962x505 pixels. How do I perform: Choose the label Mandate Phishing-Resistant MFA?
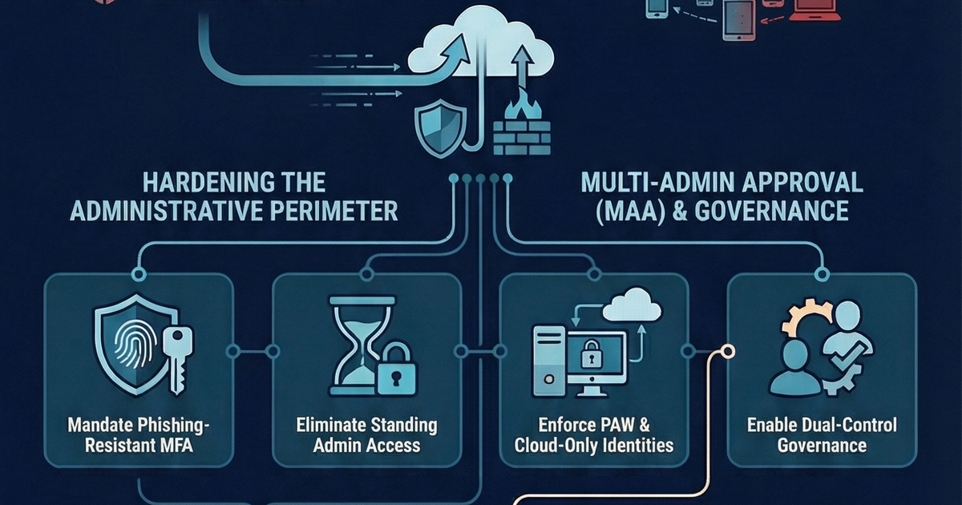pos(138,434)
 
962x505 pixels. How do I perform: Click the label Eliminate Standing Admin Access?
pos(366,434)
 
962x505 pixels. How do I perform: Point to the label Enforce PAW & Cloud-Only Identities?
pos(594,434)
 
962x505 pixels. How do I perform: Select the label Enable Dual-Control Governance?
pos(822,434)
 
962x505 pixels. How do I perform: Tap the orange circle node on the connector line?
pos(729,351)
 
